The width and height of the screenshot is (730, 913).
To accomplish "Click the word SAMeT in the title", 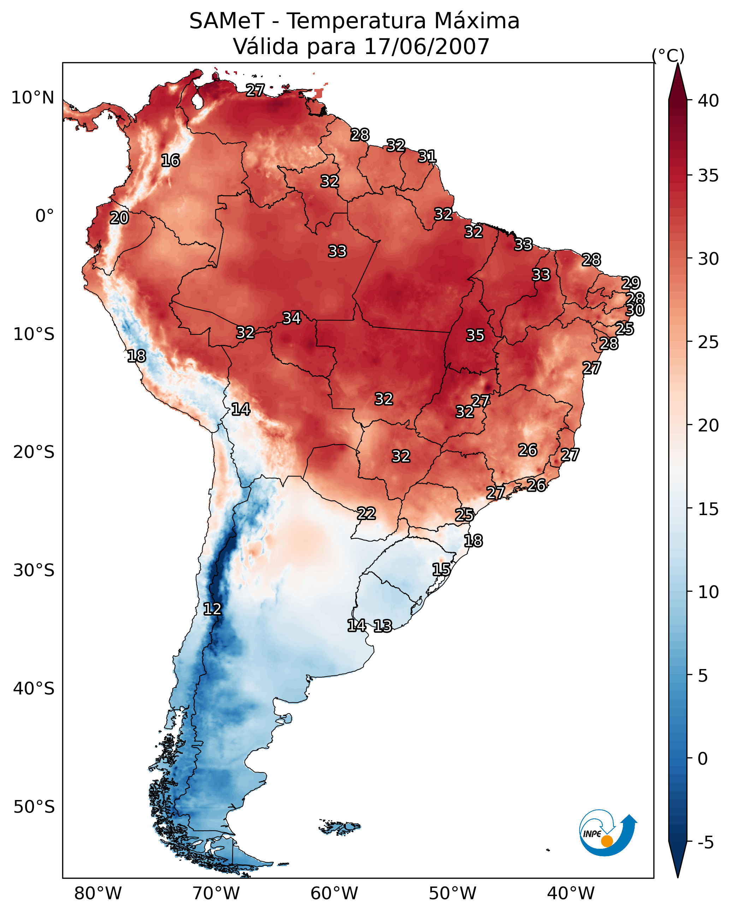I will (x=227, y=21).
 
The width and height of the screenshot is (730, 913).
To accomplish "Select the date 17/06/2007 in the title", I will (x=427, y=47).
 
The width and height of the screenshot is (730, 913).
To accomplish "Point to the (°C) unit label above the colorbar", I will (x=668, y=56).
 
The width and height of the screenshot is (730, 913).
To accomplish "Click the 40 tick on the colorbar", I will (x=708, y=101).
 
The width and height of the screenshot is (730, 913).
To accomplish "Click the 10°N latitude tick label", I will (x=32, y=98).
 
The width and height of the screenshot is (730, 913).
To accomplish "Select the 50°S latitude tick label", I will (x=34, y=807).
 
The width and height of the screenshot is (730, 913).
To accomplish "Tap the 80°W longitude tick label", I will (x=98, y=893).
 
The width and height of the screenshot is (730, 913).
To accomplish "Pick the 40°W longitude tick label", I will (x=571, y=893).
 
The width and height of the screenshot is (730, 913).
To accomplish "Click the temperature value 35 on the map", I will (x=475, y=335).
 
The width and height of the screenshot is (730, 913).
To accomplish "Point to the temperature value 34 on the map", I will (x=291, y=318).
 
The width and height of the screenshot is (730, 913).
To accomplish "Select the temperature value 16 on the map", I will (x=170, y=161).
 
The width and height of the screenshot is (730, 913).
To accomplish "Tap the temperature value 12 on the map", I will (x=212, y=609).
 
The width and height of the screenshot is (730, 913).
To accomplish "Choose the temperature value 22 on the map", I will (x=366, y=513).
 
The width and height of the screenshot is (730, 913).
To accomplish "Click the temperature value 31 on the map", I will (x=427, y=156).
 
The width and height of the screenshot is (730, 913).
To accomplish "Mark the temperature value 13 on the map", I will (x=382, y=626).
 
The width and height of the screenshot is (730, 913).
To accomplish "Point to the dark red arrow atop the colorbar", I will (x=677, y=83).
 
